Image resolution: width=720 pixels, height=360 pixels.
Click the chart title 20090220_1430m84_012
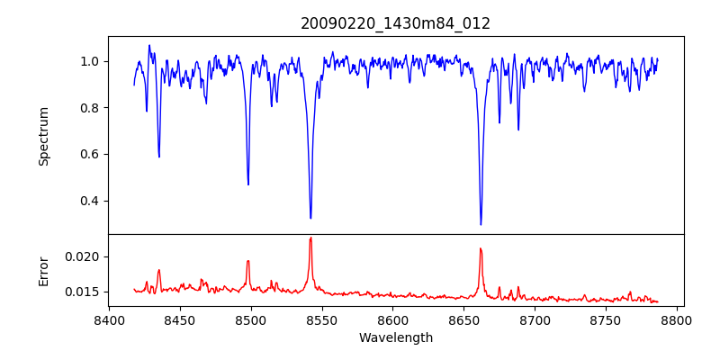coord(396,23)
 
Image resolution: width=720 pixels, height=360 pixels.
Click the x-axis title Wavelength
coord(396,338)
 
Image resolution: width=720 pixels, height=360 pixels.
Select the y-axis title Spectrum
coord(44,136)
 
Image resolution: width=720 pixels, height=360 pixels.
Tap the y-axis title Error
coord(44,271)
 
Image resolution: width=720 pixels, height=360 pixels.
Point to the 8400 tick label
coord(109,319)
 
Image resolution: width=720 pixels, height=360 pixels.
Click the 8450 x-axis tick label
coord(180,319)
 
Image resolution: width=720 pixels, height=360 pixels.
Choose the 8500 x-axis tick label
coord(251,319)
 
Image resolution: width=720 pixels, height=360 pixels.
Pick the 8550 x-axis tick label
coord(322,319)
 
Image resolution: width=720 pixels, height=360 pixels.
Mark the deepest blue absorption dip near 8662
coord(481,224)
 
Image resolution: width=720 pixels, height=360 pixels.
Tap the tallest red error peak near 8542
coord(310,238)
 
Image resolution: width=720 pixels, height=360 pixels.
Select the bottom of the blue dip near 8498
coord(248,184)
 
